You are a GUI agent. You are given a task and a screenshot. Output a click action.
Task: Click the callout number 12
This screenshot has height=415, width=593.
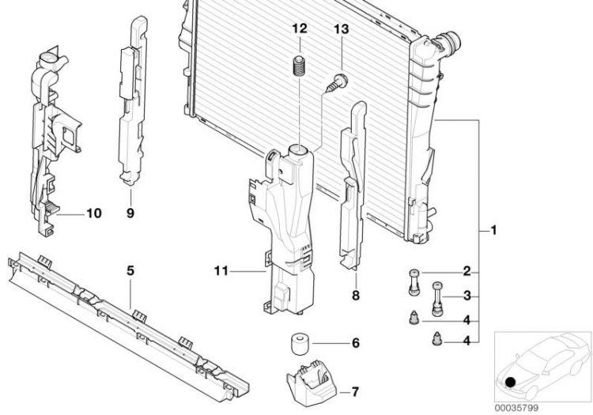tap(300, 28)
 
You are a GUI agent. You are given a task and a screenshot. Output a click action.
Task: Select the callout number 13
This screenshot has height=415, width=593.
tap(341, 29)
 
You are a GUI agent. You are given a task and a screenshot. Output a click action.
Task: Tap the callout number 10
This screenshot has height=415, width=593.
tap(94, 213)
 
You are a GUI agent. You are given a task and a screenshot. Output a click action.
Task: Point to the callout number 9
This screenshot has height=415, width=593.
tap(130, 213)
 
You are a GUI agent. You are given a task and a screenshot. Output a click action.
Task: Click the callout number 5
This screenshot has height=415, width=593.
tap(130, 270)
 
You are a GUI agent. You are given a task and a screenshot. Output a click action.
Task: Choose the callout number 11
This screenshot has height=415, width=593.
tap(221, 271)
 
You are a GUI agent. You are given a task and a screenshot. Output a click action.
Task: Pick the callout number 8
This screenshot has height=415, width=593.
tap(356, 296)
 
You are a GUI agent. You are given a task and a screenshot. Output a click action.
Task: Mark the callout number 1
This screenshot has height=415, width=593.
tap(493, 230)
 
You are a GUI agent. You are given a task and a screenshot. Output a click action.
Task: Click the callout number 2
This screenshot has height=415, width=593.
tap(467, 271)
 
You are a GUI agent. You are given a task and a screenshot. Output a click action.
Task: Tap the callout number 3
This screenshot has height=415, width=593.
tap(467, 296)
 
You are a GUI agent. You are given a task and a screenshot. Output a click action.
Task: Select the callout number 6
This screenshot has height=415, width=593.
tap(356, 343)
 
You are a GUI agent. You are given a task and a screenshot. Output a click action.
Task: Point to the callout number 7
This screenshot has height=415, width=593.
tap(355, 392)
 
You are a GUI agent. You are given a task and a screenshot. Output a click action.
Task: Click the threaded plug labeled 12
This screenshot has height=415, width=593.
tap(300, 66)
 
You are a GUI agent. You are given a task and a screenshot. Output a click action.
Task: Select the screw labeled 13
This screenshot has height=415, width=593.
tap(337, 83)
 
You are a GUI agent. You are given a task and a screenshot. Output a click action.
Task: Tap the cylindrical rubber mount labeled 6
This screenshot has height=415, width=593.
tap(300, 343)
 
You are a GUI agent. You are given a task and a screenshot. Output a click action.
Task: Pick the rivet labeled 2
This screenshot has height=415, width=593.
tap(414, 281)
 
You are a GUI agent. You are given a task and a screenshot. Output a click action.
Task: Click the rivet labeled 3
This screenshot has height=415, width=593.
tap(437, 299)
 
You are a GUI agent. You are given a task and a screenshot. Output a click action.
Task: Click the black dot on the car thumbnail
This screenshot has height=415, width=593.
tap(511, 383)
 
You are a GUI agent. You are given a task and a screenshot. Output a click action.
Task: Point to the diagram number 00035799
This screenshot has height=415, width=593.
tap(516, 408)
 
